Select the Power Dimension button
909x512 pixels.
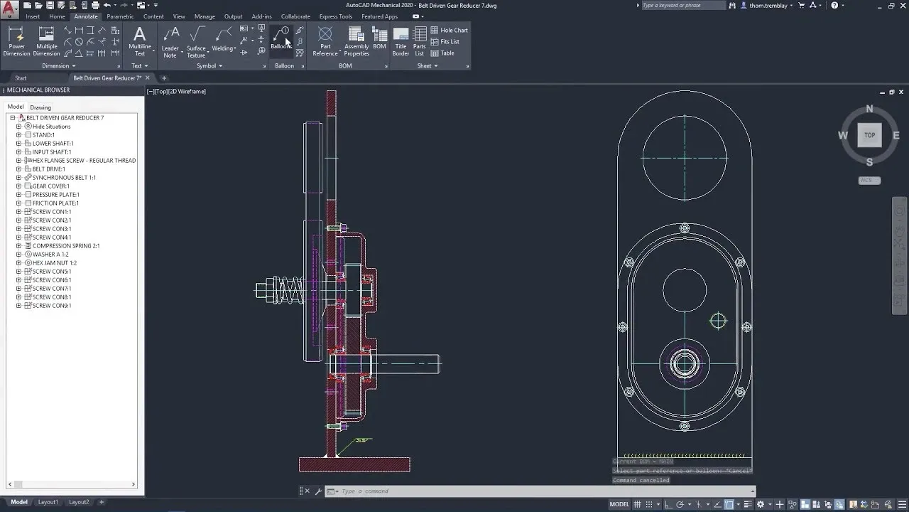17,41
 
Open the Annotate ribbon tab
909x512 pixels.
86,16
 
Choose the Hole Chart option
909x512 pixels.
449,30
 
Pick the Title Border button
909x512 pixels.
401,41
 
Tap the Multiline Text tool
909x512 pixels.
140,41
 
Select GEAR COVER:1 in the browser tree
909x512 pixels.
50,186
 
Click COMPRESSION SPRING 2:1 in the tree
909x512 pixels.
65,246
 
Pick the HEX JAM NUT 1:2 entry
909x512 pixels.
54,263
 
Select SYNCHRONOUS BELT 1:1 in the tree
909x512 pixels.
63,178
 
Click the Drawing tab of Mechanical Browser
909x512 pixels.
40,107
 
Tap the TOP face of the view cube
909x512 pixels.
869,135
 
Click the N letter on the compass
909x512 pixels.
869,110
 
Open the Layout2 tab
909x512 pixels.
79,502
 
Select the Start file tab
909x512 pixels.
21,78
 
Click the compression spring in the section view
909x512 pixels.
290,290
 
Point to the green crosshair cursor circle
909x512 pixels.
718,321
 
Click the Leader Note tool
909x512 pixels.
170,41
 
